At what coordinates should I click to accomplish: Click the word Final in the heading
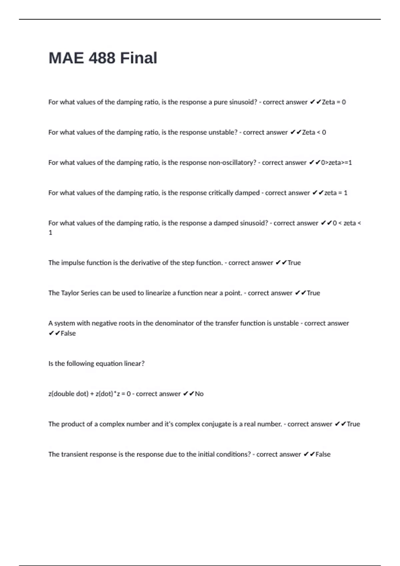[x=139, y=58]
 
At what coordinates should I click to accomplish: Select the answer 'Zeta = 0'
[x=334, y=102]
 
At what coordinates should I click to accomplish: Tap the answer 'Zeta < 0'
[x=314, y=133]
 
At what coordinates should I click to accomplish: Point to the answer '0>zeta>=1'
[x=336, y=163]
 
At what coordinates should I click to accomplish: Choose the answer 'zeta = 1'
[x=336, y=193]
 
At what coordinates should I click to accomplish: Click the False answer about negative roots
[x=68, y=333]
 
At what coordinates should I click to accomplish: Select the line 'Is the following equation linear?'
[x=96, y=364]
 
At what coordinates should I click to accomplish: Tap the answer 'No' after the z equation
[x=199, y=394]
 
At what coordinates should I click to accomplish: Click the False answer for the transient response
[x=323, y=454]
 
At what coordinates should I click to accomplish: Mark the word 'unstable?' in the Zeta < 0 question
[x=223, y=133]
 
